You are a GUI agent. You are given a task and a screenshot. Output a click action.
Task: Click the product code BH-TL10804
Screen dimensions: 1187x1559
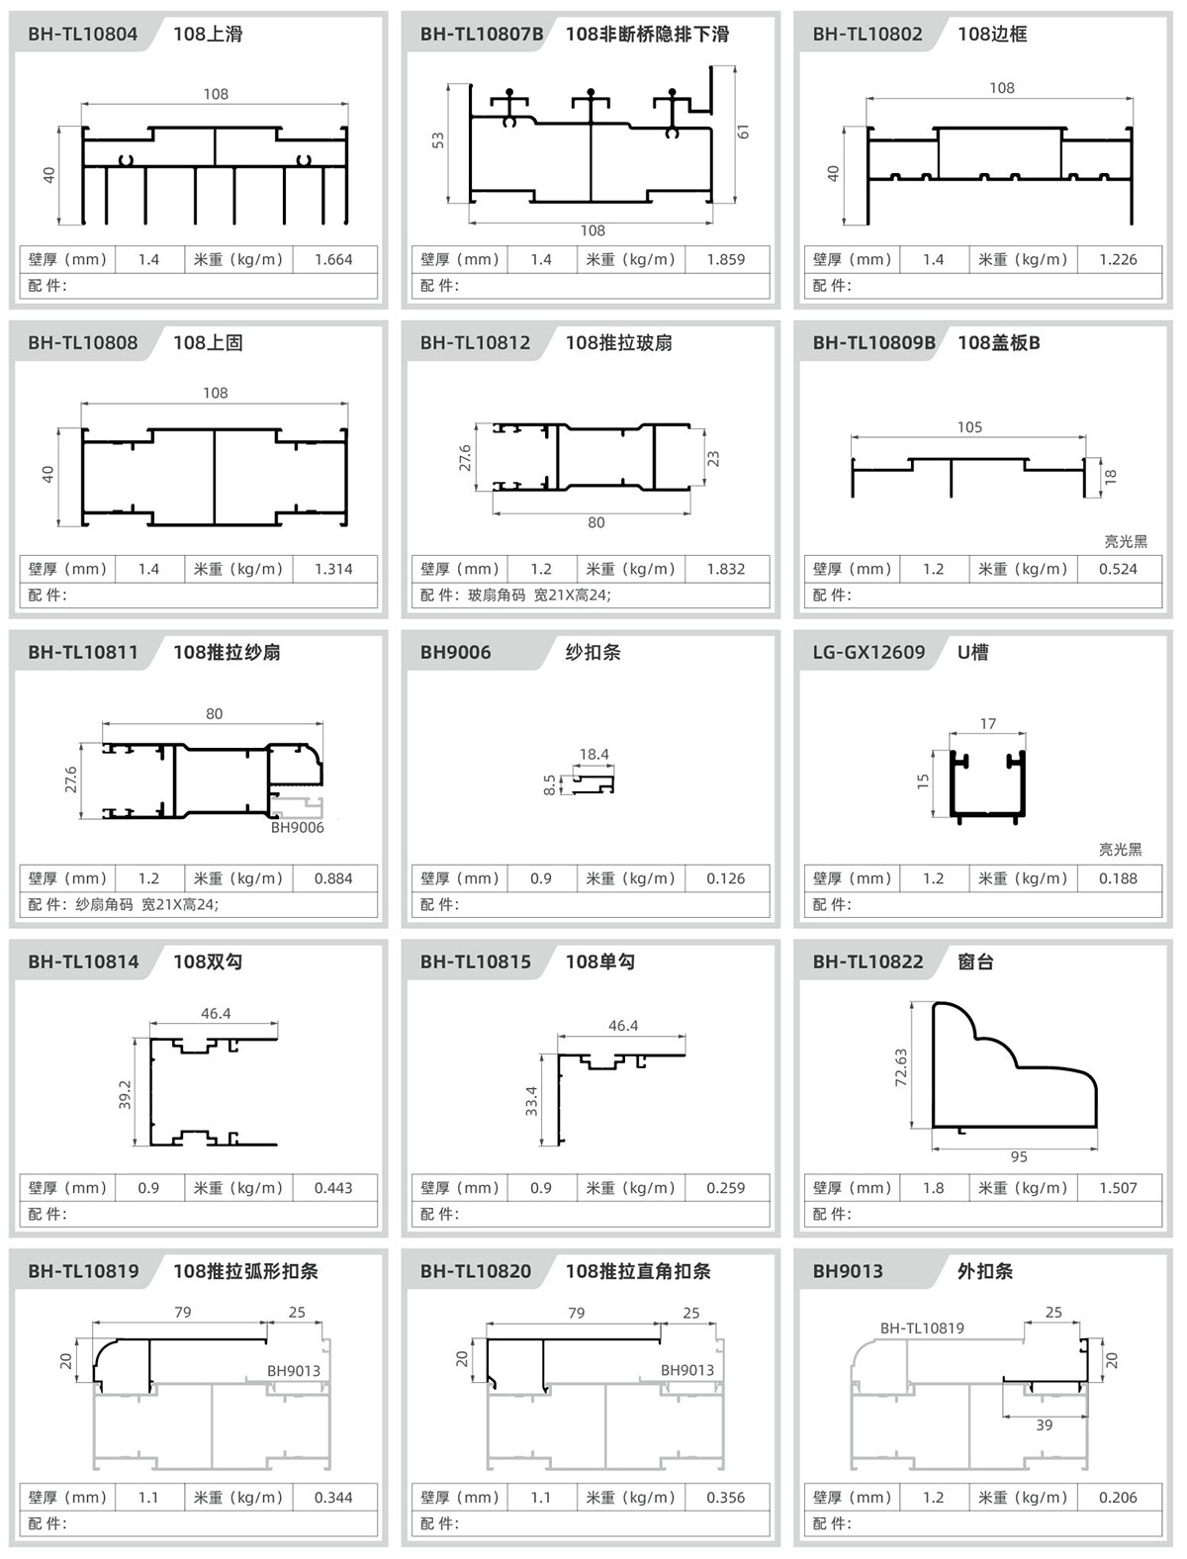click(83, 34)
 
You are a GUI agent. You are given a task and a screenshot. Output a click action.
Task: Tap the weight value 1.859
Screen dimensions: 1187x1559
click(725, 260)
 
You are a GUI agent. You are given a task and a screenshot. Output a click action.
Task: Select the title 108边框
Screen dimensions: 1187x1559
click(992, 34)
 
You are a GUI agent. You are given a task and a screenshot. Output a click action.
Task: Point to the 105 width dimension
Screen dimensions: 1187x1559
click(969, 427)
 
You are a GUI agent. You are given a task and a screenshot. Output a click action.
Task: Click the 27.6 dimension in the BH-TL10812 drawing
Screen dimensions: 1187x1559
click(465, 458)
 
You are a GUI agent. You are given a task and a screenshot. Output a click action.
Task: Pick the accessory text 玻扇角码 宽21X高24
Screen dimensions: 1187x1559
click(538, 596)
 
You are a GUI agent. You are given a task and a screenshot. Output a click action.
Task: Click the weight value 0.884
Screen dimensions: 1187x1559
click(333, 878)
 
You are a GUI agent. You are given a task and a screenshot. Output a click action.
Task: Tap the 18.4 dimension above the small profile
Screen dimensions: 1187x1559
click(594, 755)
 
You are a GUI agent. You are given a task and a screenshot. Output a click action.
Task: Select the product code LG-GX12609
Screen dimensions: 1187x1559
click(868, 653)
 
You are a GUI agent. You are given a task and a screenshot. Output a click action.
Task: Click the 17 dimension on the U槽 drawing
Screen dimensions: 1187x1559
click(987, 724)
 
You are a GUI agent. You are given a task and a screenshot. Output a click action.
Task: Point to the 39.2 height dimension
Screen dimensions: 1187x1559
click(125, 1095)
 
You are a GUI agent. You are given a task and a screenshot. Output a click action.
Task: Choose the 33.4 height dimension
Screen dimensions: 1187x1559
click(531, 1102)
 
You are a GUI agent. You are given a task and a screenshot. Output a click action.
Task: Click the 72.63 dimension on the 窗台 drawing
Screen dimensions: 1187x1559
click(901, 1067)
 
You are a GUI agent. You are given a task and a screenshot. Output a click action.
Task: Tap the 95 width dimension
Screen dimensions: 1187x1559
click(1019, 1157)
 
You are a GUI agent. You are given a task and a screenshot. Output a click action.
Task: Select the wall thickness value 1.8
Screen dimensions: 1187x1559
click(933, 1188)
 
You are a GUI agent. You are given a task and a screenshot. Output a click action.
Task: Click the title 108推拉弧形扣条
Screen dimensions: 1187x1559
click(245, 1271)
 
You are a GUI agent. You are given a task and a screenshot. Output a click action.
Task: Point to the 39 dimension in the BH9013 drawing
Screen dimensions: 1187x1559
click(1044, 1424)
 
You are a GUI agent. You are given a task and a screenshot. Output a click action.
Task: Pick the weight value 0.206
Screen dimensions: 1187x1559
click(1118, 1498)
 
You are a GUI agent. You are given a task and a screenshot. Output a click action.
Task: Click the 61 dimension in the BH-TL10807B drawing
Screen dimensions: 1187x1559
click(743, 132)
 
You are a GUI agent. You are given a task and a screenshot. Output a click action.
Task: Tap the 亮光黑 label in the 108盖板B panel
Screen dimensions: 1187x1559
click(1126, 542)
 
